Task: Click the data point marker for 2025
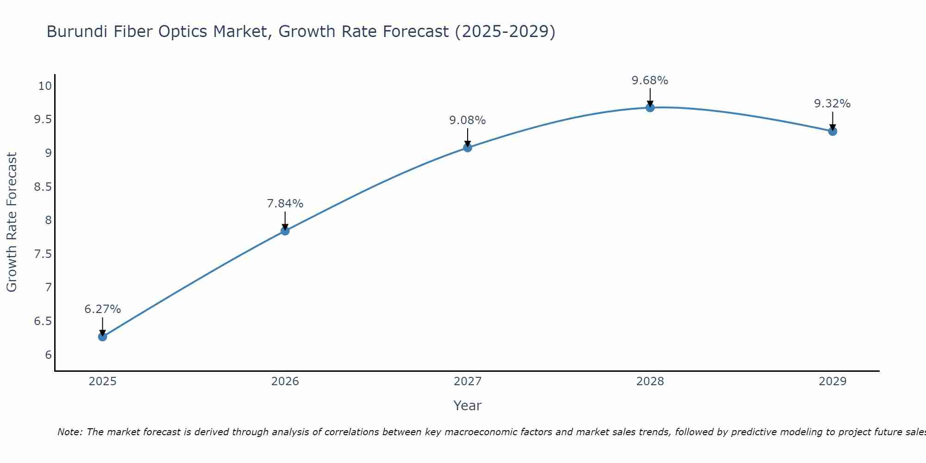click(x=102, y=337)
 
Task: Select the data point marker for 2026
click(x=285, y=231)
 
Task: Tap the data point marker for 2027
click(x=468, y=148)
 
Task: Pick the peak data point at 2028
click(x=650, y=107)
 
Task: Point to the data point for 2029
click(x=832, y=131)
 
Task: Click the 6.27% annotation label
click(x=102, y=309)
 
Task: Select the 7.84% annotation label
click(x=285, y=204)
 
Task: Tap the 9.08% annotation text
click(x=468, y=120)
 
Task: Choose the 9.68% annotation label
click(x=650, y=81)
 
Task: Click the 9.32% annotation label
click(x=832, y=104)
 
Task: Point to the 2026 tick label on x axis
click(x=285, y=382)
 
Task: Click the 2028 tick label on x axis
click(x=650, y=382)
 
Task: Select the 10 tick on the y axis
click(x=45, y=86)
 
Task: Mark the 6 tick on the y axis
click(x=48, y=355)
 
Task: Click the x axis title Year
click(x=468, y=406)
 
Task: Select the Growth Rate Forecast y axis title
click(x=12, y=222)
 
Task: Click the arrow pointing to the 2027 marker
click(x=468, y=137)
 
